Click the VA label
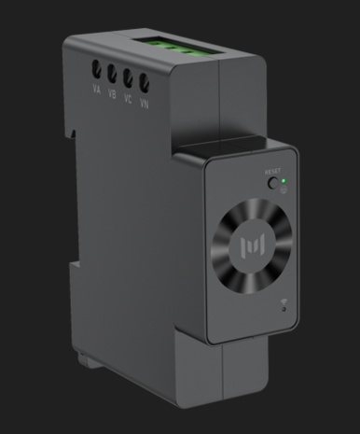[x=97, y=91]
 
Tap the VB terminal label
[x=112, y=92]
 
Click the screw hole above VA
[x=96, y=68]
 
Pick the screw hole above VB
[x=112, y=72]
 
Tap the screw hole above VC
[x=128, y=77]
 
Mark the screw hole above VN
[x=144, y=82]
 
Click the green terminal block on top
[x=173, y=47]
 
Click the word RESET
[x=272, y=172]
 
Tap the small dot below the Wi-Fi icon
[x=283, y=313]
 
